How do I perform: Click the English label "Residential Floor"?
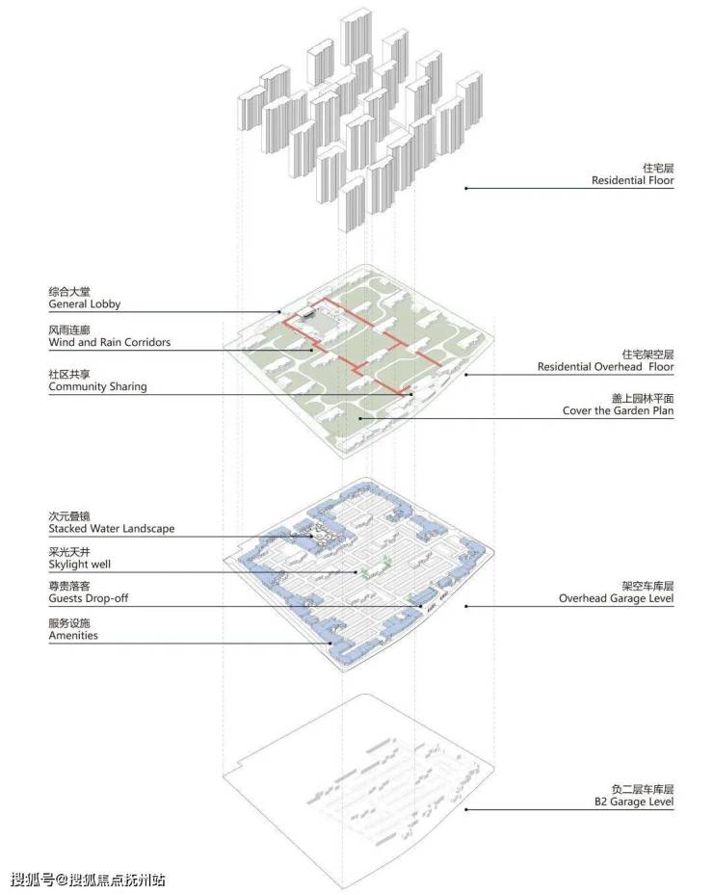click(x=632, y=180)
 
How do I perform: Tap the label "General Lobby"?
click(x=85, y=304)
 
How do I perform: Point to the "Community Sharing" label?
click(x=97, y=386)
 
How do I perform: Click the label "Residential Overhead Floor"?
click(x=605, y=367)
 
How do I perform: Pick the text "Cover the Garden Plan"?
click(x=618, y=410)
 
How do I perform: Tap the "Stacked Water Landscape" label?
click(x=112, y=529)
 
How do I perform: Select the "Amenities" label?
click(x=73, y=636)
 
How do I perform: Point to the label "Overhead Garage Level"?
click(x=616, y=598)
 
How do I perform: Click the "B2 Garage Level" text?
click(x=632, y=802)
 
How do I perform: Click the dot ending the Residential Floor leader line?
click(x=466, y=188)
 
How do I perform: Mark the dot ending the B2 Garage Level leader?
click(x=466, y=809)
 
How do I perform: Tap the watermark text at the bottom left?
click(x=88, y=880)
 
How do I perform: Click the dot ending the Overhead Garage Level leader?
click(x=466, y=606)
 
